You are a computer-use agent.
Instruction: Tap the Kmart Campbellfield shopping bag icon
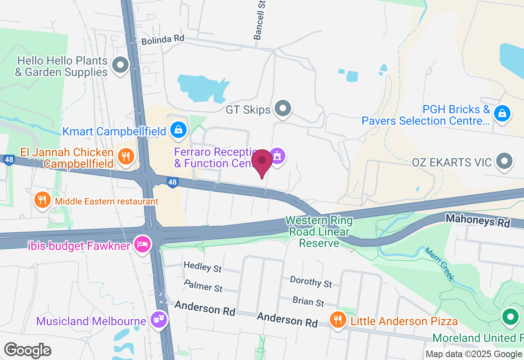click(178, 130)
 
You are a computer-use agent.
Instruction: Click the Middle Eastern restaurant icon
click(42, 200)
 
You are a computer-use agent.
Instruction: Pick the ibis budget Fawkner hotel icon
click(142, 244)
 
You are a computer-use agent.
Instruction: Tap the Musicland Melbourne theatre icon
click(158, 318)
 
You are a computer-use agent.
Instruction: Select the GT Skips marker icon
click(282, 109)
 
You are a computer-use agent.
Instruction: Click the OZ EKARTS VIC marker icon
click(504, 161)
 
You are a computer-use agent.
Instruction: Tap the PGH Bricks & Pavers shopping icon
click(502, 112)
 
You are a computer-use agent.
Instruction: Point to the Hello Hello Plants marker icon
click(120, 65)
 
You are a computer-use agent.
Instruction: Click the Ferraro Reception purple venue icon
click(278, 155)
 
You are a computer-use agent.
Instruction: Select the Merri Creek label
click(439, 264)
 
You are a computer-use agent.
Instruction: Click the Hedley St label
click(203, 267)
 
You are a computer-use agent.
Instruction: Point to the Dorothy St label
click(311, 281)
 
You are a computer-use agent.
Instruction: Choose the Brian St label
click(308, 302)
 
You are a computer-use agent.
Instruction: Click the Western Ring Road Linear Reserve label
click(319, 232)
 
